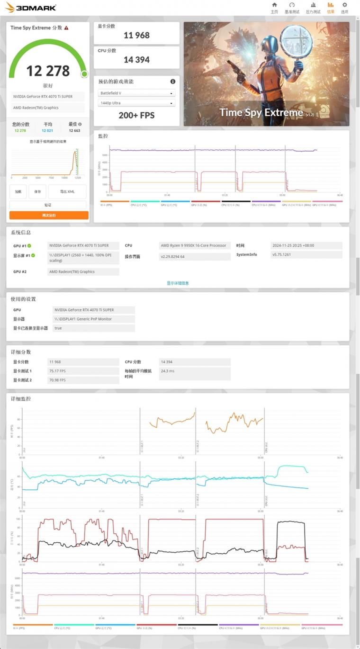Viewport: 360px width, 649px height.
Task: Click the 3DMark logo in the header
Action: pyautogui.click(x=30, y=7)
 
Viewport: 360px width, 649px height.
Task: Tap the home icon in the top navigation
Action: pyautogui.click(x=274, y=5)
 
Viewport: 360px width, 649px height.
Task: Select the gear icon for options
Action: pyautogui.click(x=344, y=5)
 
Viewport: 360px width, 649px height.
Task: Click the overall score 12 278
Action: pyautogui.click(x=48, y=71)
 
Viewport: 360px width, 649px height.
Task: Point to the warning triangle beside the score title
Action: pyautogui.click(x=66, y=28)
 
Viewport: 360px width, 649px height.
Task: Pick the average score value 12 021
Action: pyautogui.click(x=47, y=130)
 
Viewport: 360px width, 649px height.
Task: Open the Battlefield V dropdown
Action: pyautogui.click(x=136, y=93)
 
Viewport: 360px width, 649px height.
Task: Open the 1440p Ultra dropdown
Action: pyautogui.click(x=136, y=103)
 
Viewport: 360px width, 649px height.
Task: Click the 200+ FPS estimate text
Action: pyautogui.click(x=136, y=115)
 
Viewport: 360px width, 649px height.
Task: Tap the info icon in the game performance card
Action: pyautogui.click(x=173, y=81)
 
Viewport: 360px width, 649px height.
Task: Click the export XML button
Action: pyautogui.click(x=67, y=191)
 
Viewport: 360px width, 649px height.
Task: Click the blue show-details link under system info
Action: pyautogui.click(x=178, y=283)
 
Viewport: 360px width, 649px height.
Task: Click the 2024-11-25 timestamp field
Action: pyautogui.click(x=306, y=245)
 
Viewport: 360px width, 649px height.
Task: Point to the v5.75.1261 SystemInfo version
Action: pyautogui.click(x=306, y=255)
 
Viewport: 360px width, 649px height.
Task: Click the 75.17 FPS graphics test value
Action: pyautogui.click(x=83, y=371)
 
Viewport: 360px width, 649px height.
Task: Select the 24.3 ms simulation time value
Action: pyautogui.click(x=195, y=371)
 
